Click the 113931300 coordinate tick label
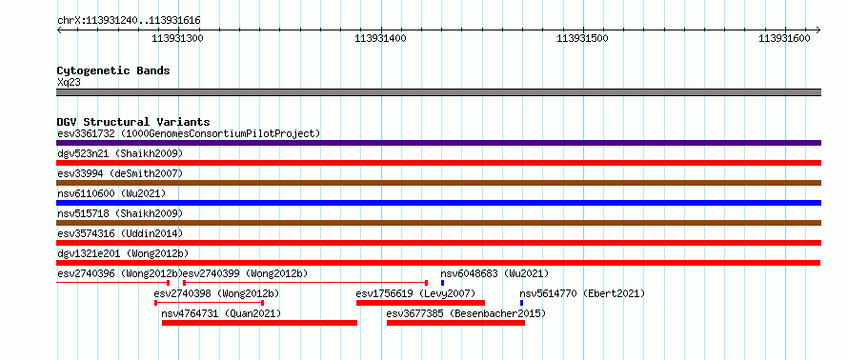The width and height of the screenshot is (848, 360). click(178, 38)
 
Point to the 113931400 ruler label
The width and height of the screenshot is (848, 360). click(381, 38)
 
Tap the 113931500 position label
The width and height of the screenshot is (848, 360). click(583, 38)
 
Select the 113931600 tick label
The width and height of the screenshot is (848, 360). click(785, 38)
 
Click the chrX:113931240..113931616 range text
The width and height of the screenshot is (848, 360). click(129, 21)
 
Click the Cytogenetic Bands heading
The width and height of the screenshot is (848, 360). click(113, 70)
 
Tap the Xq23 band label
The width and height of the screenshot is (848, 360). click(69, 83)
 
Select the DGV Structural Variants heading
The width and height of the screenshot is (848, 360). click(133, 122)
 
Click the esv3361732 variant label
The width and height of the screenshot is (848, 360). click(86, 133)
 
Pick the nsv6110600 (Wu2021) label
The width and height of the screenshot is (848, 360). click(111, 193)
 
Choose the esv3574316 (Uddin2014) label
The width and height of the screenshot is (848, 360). click(120, 233)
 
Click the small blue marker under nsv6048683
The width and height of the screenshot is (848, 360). click(442, 283)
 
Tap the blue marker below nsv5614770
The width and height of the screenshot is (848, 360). click(521, 303)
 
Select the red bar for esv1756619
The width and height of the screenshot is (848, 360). click(420, 303)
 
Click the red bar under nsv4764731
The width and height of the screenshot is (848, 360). click(259, 323)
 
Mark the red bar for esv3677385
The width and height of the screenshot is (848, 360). click(455, 323)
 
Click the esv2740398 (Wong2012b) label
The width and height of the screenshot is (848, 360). click(216, 293)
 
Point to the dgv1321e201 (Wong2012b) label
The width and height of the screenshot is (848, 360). click(123, 253)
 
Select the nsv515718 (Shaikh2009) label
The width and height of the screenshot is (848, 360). click(120, 213)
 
